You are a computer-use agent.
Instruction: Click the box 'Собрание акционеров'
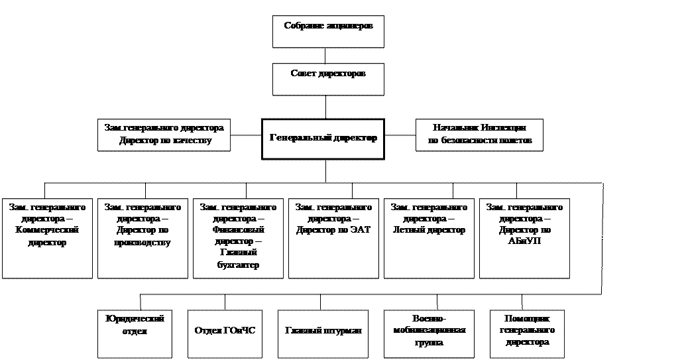(x=328, y=32)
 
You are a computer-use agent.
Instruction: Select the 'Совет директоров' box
(x=328, y=79)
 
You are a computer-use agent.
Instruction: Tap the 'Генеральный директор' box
(x=323, y=139)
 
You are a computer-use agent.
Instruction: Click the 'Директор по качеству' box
(x=164, y=135)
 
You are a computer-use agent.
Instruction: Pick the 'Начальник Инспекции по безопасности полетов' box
(x=479, y=135)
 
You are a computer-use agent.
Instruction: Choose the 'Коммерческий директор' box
(x=47, y=238)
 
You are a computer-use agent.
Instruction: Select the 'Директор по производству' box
(x=143, y=238)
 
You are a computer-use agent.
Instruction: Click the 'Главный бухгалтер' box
(x=238, y=238)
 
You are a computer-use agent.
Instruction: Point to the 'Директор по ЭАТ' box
(x=333, y=238)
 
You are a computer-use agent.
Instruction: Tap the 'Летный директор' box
(x=429, y=238)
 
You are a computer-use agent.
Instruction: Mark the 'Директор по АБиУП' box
(x=524, y=238)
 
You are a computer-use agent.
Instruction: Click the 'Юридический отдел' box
(x=135, y=333)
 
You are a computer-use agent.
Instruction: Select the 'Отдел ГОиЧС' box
(x=225, y=333)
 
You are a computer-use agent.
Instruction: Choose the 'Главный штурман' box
(x=323, y=333)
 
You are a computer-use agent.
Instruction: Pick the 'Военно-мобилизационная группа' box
(x=429, y=333)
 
